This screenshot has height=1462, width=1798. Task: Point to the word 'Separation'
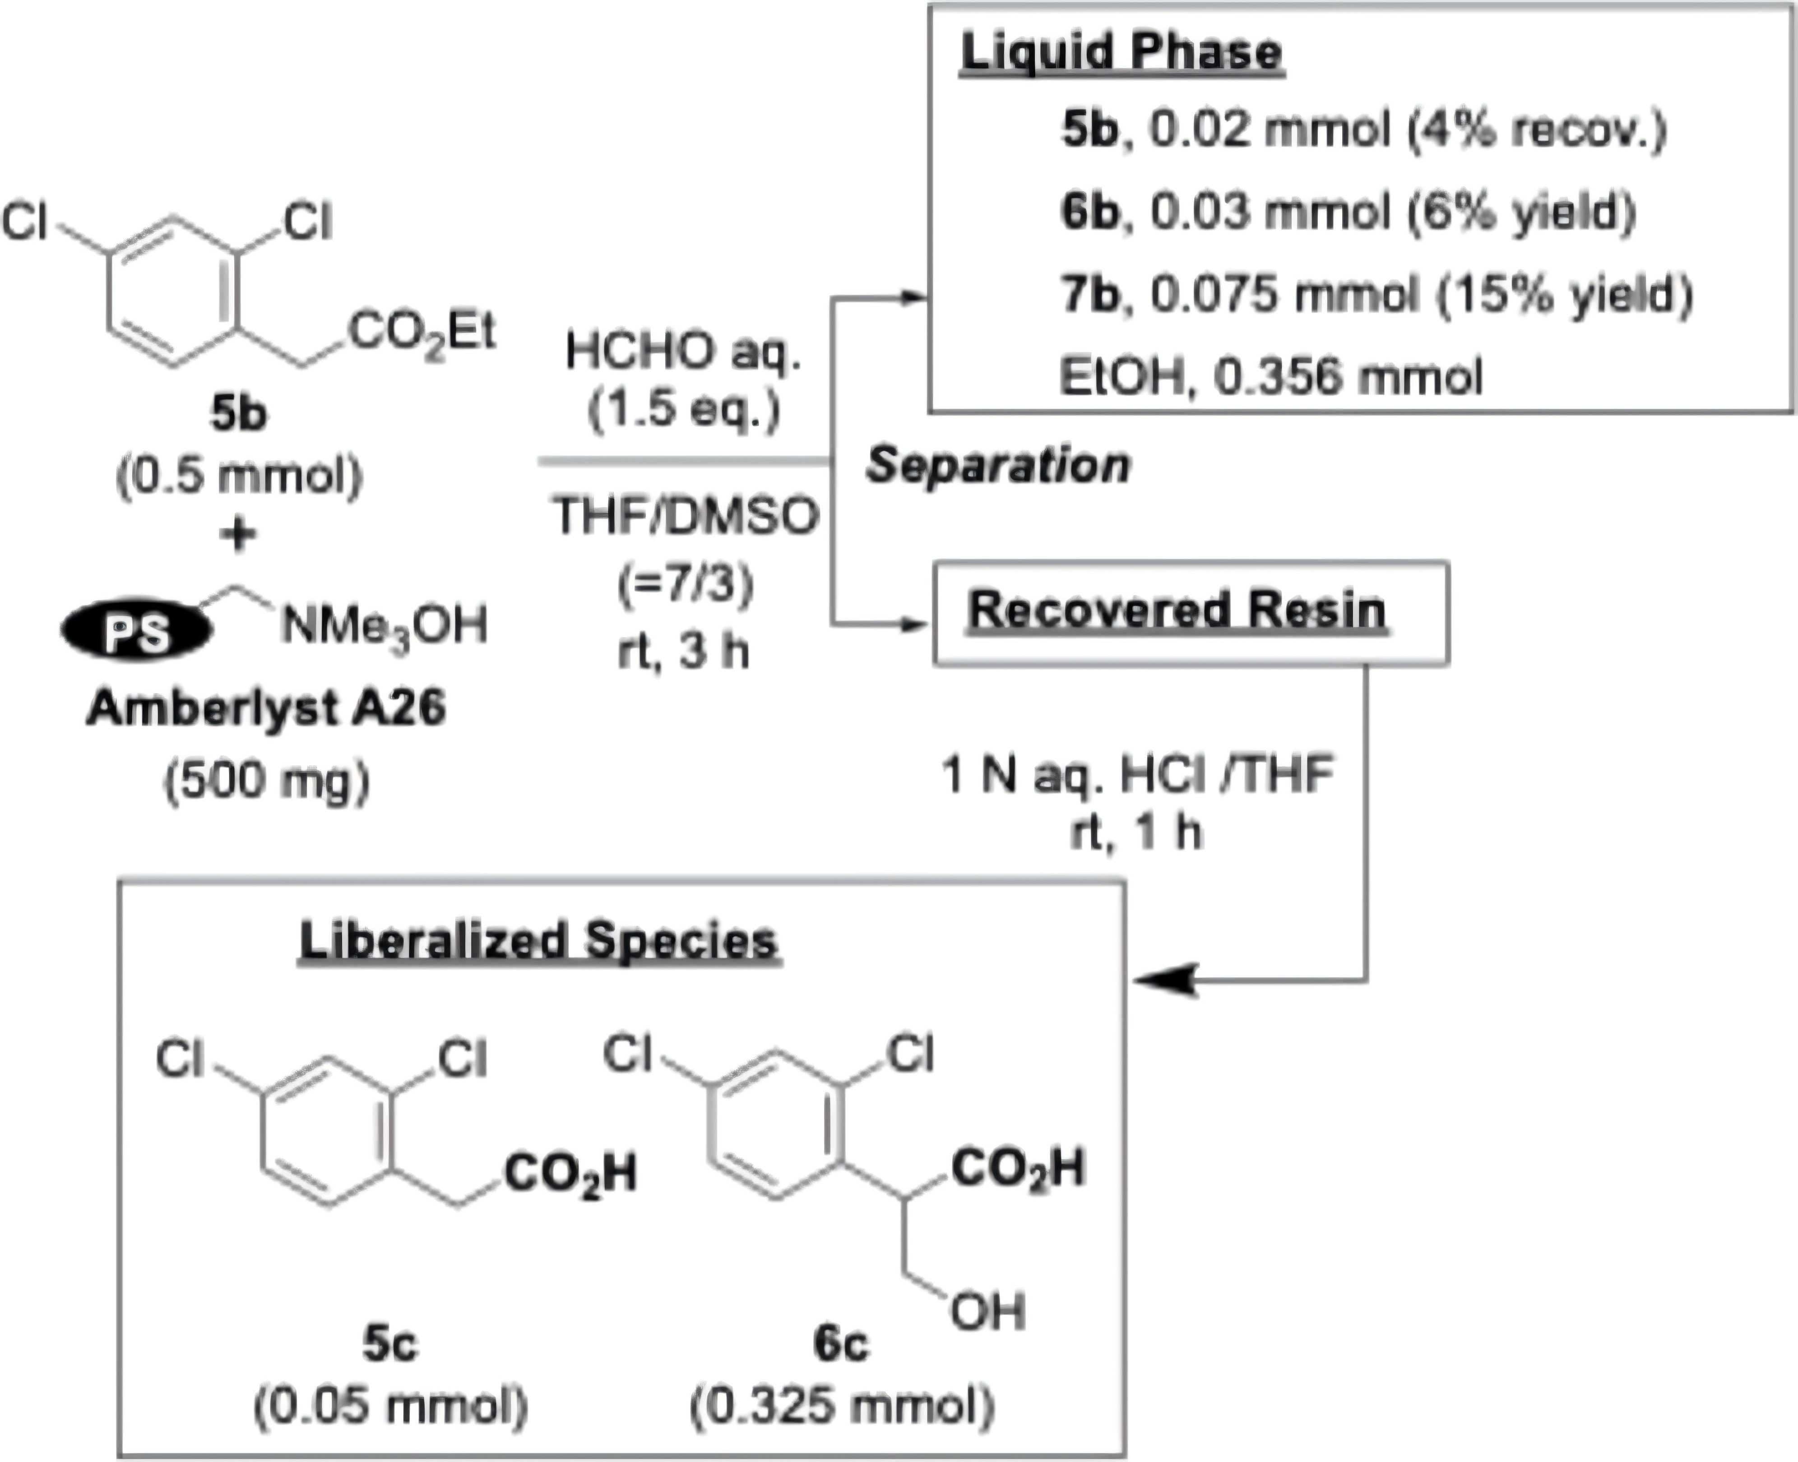click(x=998, y=465)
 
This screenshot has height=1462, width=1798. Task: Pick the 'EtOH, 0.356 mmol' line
click(x=1271, y=376)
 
